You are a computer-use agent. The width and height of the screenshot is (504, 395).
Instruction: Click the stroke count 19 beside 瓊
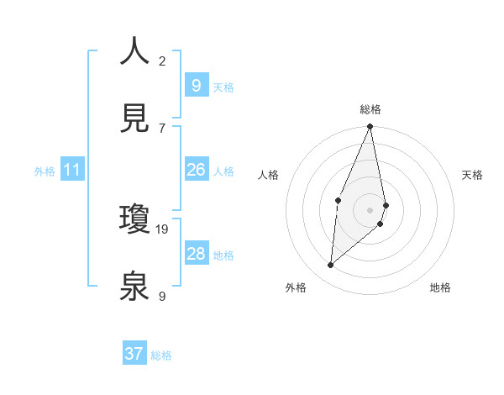163,229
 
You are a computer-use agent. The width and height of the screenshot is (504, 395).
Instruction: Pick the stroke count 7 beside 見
161,128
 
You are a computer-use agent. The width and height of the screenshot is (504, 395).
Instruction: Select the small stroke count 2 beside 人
161,61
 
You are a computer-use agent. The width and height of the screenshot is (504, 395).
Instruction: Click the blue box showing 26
197,171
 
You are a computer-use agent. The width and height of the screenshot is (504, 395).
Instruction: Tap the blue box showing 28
197,254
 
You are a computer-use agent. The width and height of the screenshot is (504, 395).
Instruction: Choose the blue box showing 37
134,354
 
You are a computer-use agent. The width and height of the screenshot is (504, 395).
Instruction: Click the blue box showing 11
72,171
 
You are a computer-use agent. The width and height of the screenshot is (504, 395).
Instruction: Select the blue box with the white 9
197,86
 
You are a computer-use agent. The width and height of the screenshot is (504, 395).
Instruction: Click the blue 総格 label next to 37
161,355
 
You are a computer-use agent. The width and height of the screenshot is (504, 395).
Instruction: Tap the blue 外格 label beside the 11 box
45,171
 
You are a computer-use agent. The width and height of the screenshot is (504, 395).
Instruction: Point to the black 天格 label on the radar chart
473,175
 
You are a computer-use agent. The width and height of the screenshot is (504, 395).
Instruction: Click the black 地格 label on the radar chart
440,287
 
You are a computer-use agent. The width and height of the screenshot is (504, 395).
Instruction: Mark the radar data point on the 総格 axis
370,127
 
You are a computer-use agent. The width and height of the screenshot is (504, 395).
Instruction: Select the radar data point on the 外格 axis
331,265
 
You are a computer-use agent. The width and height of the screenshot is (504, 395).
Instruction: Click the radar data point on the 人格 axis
338,200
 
